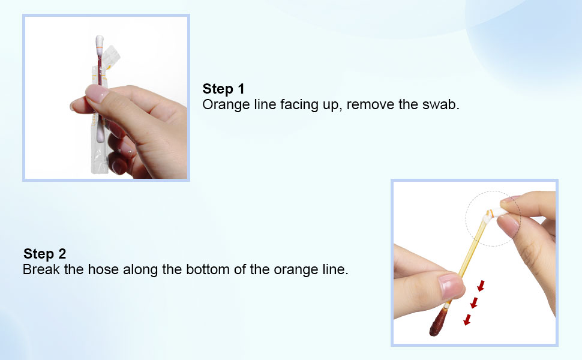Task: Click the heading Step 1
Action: click(x=223, y=89)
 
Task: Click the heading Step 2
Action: click(x=44, y=254)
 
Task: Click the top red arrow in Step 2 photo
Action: click(x=481, y=286)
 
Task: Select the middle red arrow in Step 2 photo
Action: click(x=474, y=302)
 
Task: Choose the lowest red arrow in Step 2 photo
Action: click(x=467, y=320)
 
